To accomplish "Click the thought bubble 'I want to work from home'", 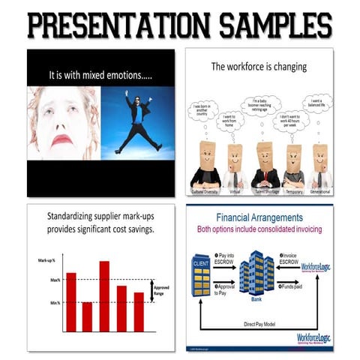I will pos(229,121).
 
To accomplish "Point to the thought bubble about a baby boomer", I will pos(260,106).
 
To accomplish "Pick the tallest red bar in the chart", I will pos(104,295).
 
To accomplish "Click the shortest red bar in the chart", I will pos(87,316).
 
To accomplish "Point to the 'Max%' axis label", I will pos(55,280).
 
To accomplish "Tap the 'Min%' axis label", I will pos(55,302).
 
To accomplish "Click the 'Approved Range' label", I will pos(161,291).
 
